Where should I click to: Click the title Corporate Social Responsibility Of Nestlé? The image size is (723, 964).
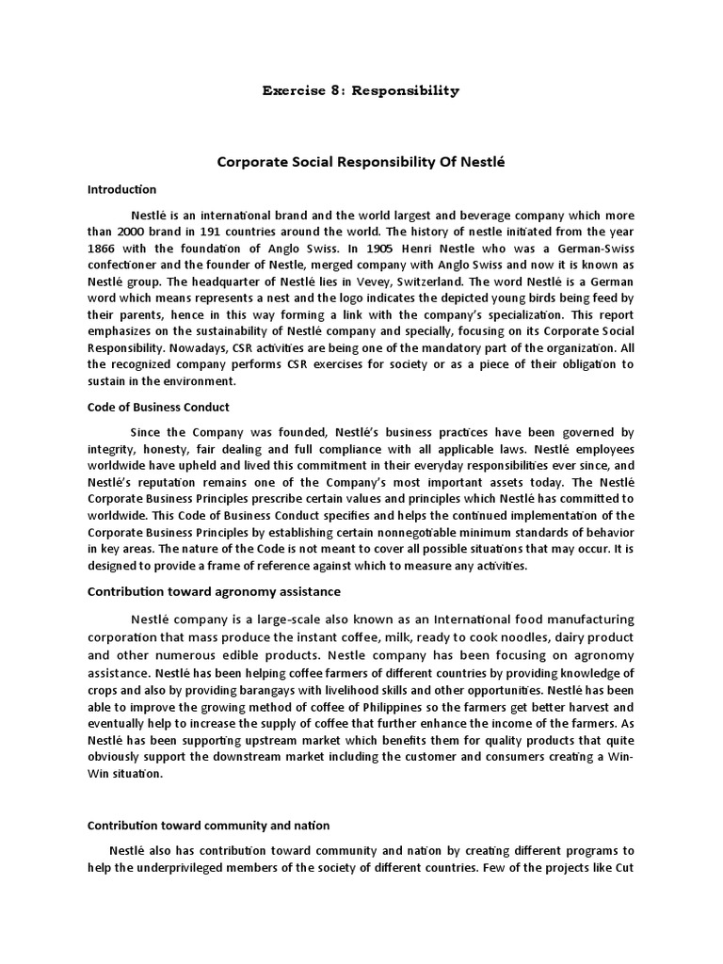coord(361,162)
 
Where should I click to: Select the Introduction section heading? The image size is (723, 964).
coord(121,189)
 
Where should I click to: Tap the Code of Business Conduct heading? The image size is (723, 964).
coord(158,407)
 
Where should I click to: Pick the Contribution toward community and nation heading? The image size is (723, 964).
coord(208,825)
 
